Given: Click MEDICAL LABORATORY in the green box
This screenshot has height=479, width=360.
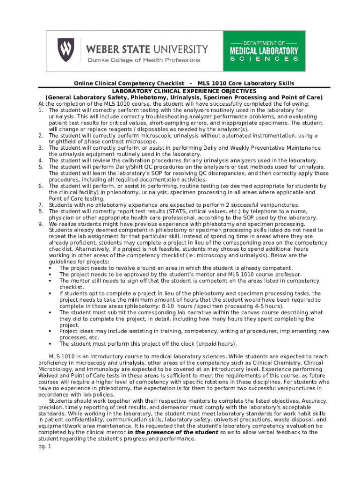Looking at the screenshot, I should click(264, 51).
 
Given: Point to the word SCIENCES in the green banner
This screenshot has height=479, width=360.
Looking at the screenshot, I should click(264, 59).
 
